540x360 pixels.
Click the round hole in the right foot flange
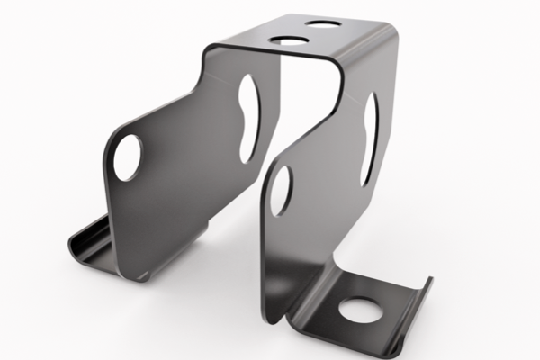click(359, 310)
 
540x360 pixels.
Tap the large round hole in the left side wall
click(127, 157)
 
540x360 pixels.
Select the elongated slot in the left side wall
click(247, 105)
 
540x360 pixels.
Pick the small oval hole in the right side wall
click(282, 190)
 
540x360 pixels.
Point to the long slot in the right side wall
click(368, 139)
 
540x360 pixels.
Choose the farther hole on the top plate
click(324, 23)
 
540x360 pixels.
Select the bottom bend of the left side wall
click(135, 270)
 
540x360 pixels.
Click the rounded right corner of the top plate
click(389, 34)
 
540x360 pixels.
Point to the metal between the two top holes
click(307, 32)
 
